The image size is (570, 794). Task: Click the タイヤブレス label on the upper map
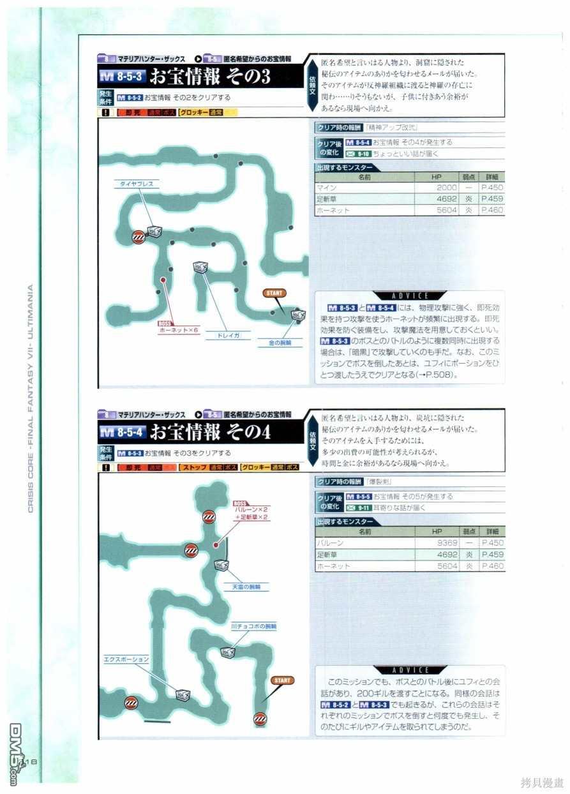click(137, 184)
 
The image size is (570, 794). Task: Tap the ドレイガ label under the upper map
click(228, 334)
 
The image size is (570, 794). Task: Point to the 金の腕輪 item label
click(280, 343)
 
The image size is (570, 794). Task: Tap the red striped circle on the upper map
click(138, 238)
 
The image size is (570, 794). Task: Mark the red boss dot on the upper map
click(163, 280)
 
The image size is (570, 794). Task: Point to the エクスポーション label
click(126, 659)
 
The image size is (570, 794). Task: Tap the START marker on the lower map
click(282, 680)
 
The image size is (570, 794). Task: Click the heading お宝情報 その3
click(210, 77)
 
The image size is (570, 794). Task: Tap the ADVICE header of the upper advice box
click(410, 296)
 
